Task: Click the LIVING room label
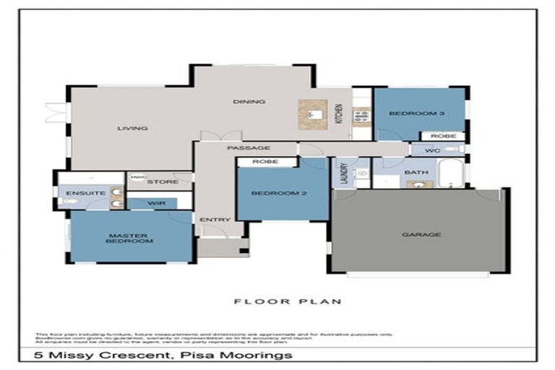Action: click(132, 129)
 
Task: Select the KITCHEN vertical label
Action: click(339, 113)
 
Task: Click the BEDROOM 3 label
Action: click(410, 113)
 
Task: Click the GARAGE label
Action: click(423, 234)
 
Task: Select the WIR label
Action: click(157, 204)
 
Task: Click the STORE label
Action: click(163, 181)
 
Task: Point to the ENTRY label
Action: click(215, 220)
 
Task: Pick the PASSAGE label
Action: click(243, 148)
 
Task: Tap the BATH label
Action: click(416, 172)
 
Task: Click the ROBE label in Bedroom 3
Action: click(442, 135)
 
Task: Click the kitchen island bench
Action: click(313, 113)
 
